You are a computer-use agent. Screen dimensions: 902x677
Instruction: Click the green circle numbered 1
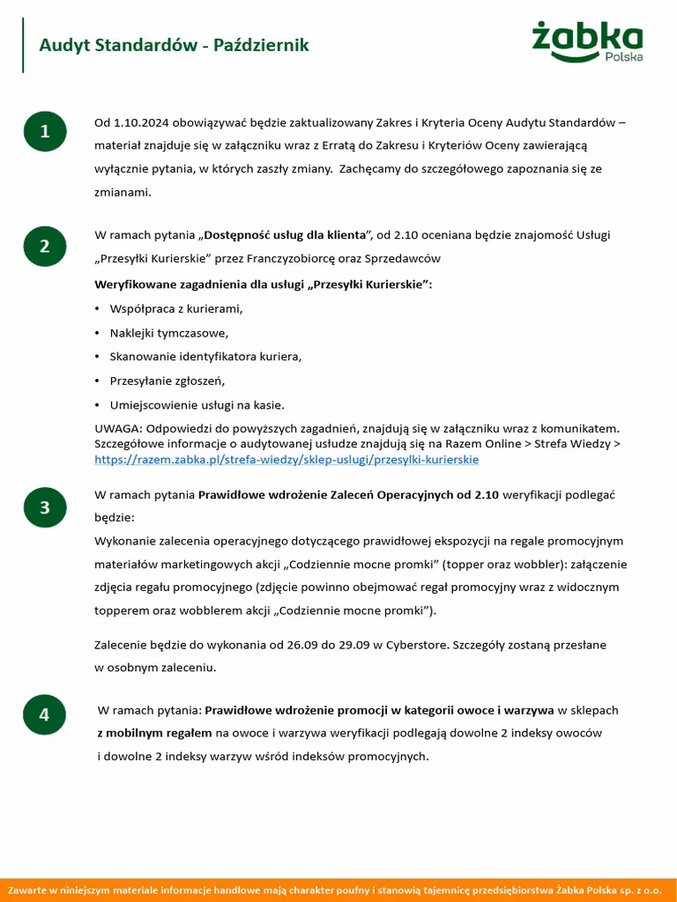tap(44, 131)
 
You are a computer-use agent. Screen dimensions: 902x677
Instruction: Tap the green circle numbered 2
tap(44, 246)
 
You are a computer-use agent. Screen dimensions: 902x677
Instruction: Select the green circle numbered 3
tap(44, 507)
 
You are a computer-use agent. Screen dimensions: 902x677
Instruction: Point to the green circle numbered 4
tap(44, 714)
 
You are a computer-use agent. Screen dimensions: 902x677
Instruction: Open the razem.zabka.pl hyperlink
tap(286, 460)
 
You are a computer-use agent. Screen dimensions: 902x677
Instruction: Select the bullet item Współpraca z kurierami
tap(175, 309)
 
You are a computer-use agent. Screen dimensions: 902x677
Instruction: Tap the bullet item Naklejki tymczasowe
tap(168, 333)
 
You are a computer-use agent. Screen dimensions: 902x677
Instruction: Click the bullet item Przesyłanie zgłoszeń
tap(167, 381)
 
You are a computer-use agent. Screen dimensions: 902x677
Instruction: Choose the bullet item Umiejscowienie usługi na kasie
tap(197, 405)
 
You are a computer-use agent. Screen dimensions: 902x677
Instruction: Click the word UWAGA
tap(116, 429)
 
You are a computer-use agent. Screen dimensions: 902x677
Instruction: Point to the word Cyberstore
tap(415, 645)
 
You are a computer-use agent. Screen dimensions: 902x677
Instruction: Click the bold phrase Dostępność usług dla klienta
tap(285, 235)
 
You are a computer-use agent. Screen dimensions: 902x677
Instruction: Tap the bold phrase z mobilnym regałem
tap(154, 733)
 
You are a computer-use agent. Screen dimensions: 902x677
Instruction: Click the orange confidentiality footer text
tap(338, 890)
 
